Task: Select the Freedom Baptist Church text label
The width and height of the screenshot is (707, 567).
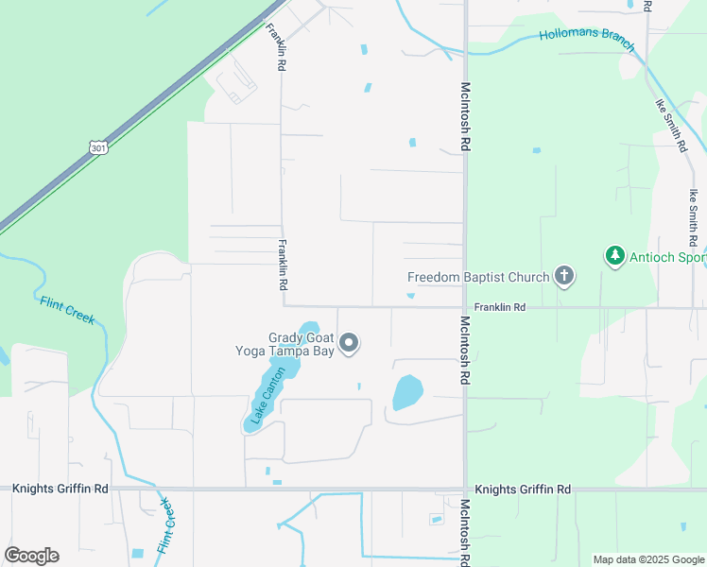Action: click(478, 277)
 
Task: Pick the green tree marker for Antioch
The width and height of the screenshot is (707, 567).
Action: click(615, 256)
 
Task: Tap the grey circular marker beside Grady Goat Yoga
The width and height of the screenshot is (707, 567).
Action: click(349, 343)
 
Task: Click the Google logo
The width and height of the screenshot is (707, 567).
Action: click(31, 556)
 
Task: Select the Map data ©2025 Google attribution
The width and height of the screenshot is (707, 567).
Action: click(647, 559)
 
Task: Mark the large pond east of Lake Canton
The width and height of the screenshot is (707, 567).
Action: click(407, 392)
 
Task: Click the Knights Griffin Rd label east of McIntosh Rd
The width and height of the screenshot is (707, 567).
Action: click(523, 490)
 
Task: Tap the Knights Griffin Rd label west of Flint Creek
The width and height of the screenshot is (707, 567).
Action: click(60, 490)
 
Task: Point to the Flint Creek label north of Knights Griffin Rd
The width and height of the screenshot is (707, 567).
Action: click(68, 310)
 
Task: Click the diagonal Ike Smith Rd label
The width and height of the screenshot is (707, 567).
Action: click(670, 125)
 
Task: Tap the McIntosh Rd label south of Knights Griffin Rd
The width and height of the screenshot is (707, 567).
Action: click(465, 533)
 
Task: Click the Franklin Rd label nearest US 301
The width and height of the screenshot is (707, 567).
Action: click(275, 48)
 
